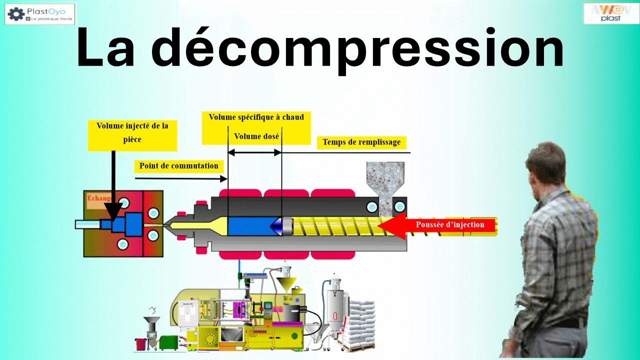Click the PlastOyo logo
point(40,14)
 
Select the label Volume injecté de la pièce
point(132,132)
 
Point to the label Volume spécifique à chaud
point(256,117)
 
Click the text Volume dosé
point(256,136)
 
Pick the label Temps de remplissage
point(361,142)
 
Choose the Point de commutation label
point(178,165)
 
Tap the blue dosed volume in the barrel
point(250,226)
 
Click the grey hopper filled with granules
point(385,180)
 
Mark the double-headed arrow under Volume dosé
point(254,152)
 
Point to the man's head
point(546,162)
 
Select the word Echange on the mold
point(98,198)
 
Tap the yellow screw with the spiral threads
point(335,226)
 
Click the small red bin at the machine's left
point(140,344)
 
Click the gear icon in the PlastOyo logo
point(15,14)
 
